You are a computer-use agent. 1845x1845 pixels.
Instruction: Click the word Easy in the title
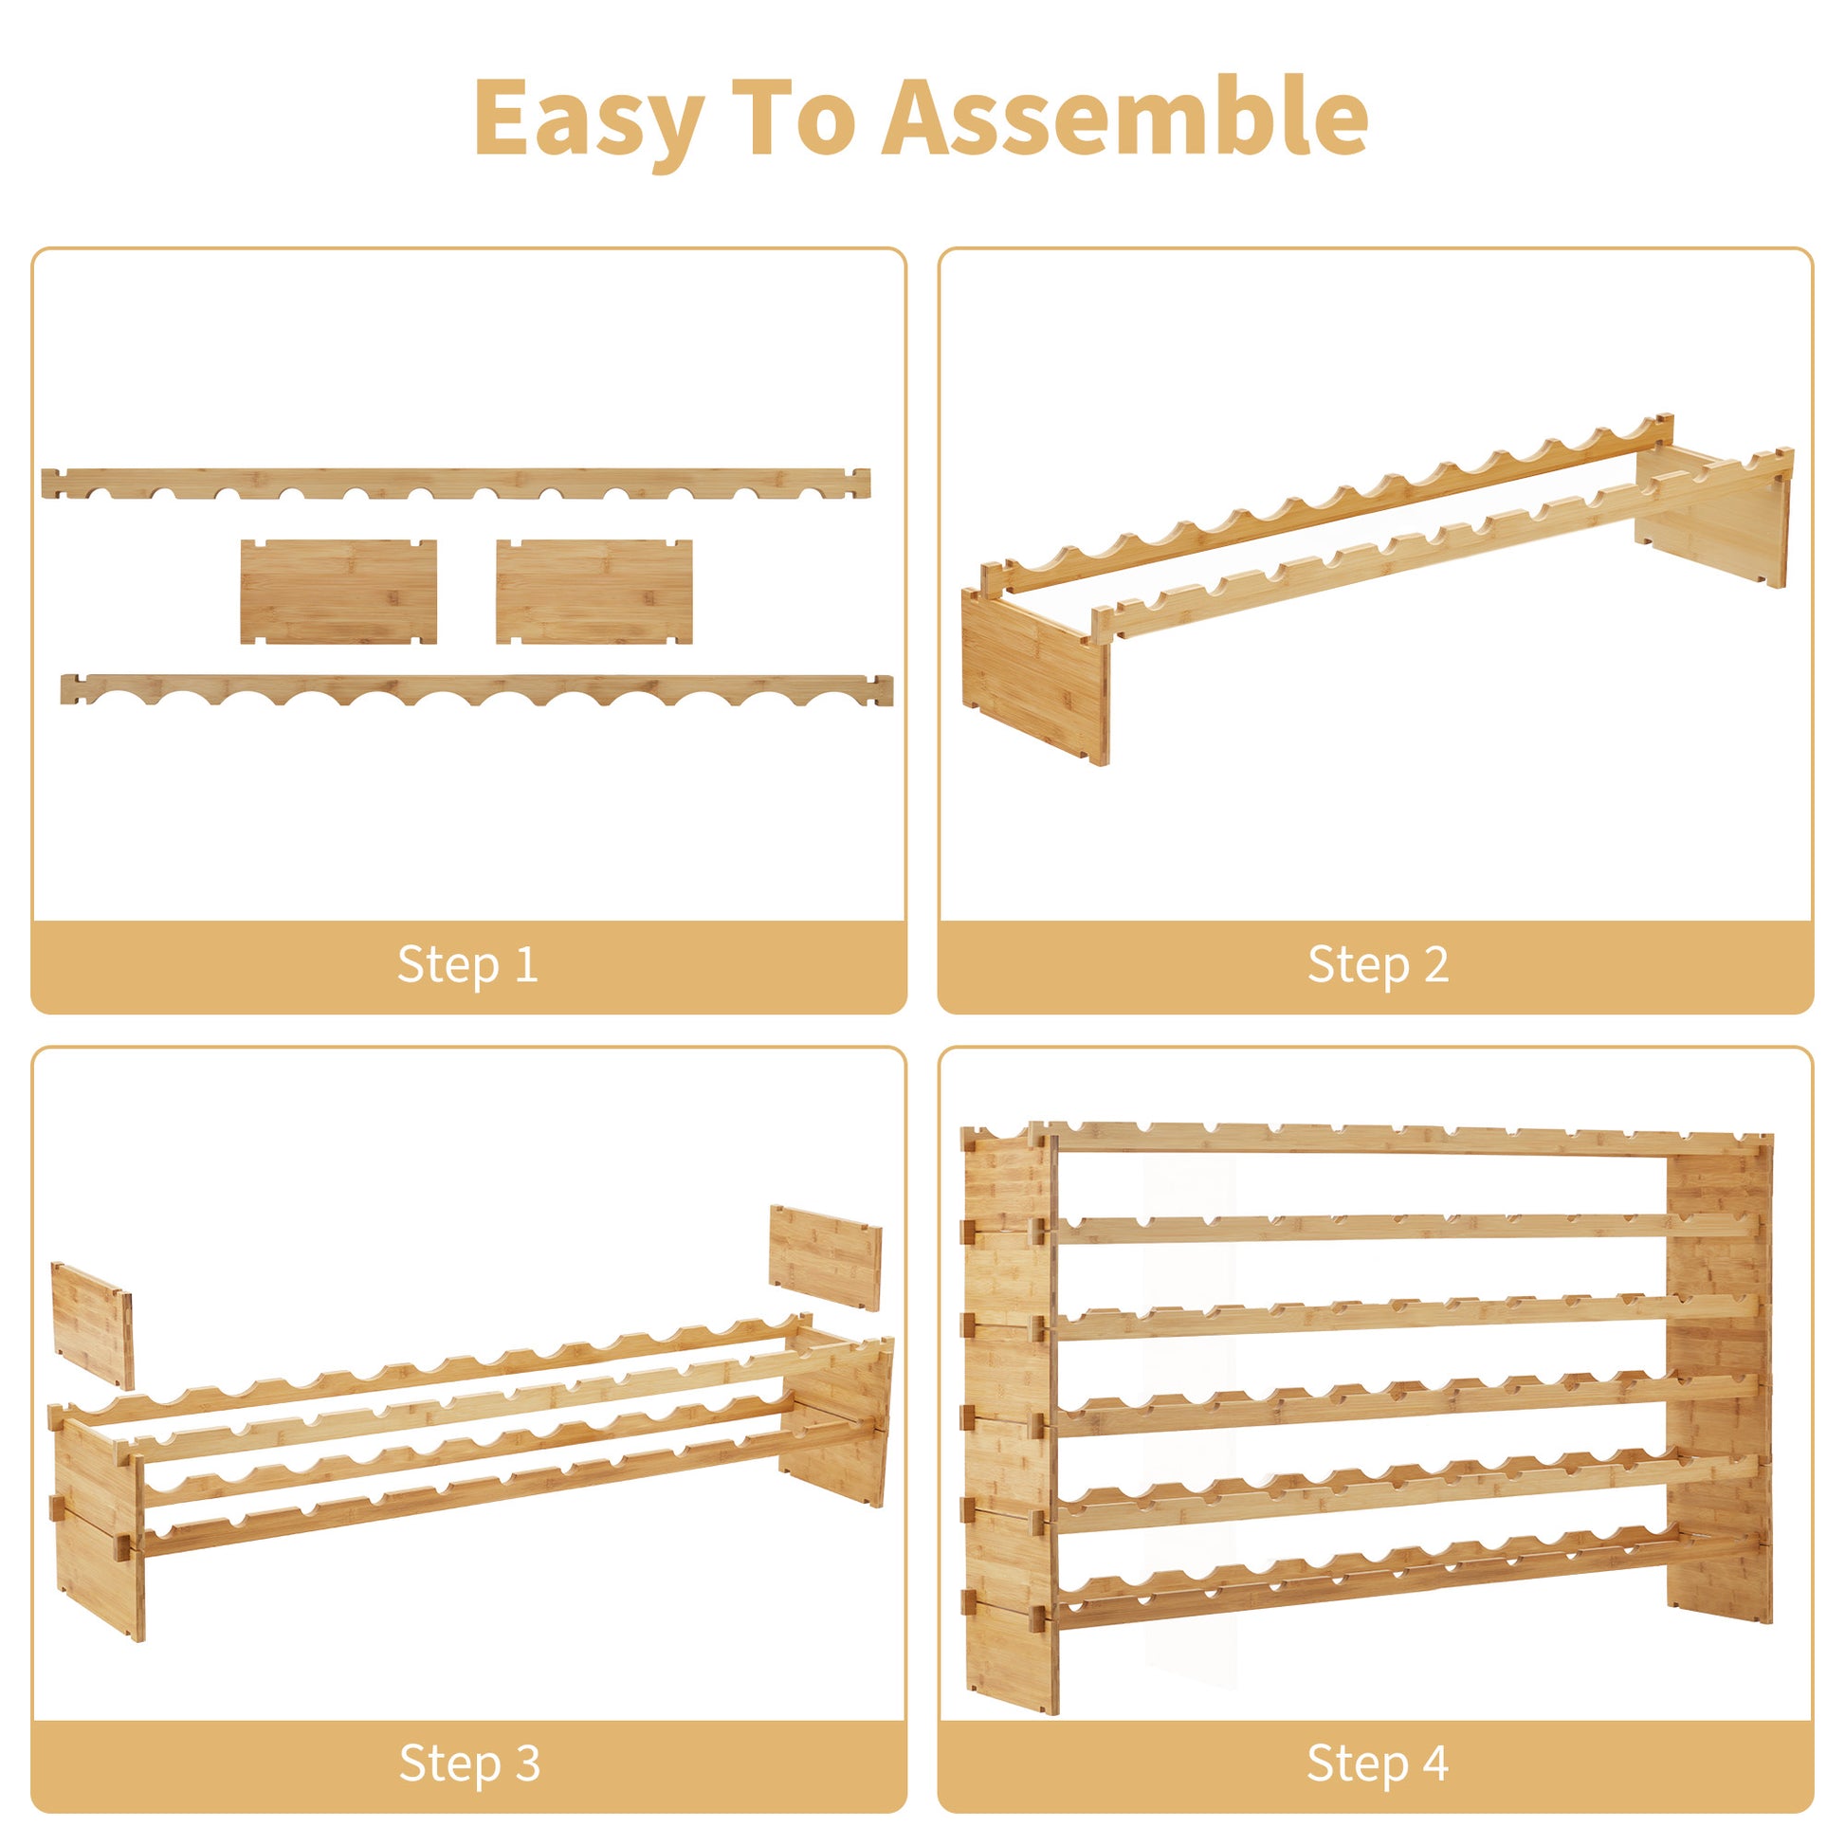[x=589, y=119]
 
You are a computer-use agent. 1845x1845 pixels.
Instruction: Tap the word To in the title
[x=793, y=117]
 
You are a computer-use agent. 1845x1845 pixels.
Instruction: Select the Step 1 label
[x=468, y=963]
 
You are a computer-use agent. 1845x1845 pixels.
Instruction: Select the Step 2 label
[x=1378, y=963]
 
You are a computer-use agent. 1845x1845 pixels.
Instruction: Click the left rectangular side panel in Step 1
[x=339, y=592]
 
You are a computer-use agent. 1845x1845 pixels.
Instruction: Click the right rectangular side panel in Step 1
[x=594, y=592]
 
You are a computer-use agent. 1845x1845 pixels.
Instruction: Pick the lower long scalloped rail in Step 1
[x=478, y=688]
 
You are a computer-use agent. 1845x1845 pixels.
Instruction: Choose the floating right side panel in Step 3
[x=826, y=1258]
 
